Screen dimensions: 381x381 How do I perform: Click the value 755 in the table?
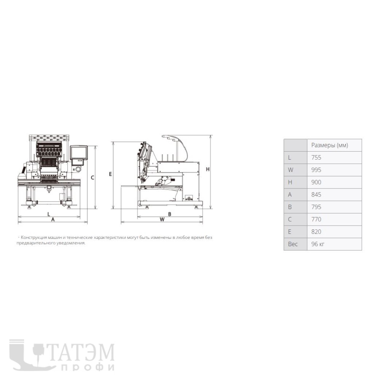click(x=316, y=157)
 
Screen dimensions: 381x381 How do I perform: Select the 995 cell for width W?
click(x=316, y=170)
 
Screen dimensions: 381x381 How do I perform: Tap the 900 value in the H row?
click(x=316, y=182)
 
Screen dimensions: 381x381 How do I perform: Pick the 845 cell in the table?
click(x=316, y=195)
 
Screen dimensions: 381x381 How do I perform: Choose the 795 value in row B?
click(x=316, y=207)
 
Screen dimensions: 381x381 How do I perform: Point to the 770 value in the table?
click(x=316, y=219)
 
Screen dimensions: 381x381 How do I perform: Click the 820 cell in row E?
click(x=316, y=232)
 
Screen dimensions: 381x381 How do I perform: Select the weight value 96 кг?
click(x=318, y=244)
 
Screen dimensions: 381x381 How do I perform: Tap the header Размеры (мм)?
click(x=330, y=145)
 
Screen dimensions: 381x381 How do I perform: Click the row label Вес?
click(x=293, y=244)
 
